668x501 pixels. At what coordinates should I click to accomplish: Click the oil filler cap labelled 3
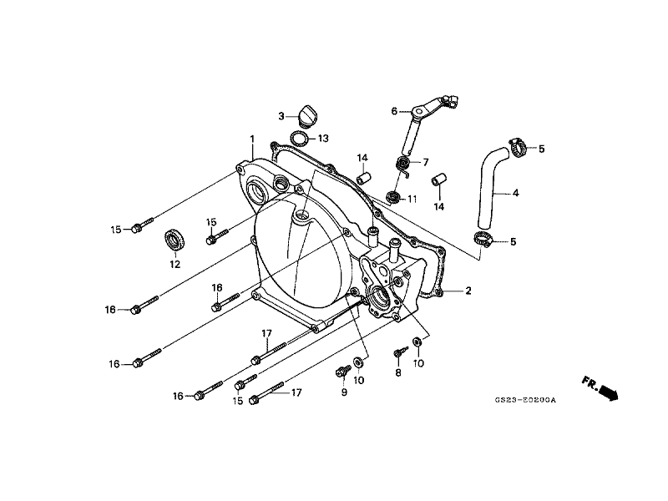(x=307, y=115)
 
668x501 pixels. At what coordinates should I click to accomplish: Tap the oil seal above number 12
(x=175, y=240)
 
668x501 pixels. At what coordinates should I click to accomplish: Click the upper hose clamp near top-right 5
(x=519, y=147)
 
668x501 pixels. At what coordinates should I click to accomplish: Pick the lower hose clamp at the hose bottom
(x=483, y=239)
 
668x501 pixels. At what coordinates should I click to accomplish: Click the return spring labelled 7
(x=403, y=164)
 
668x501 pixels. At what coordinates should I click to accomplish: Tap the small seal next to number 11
(x=392, y=198)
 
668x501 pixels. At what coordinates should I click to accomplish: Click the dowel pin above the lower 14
(x=439, y=180)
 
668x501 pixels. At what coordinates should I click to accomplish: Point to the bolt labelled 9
(x=343, y=371)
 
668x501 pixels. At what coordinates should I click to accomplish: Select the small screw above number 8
(x=401, y=352)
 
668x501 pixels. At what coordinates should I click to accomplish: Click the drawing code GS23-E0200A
(x=526, y=400)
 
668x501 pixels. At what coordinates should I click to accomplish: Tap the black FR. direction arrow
(x=609, y=392)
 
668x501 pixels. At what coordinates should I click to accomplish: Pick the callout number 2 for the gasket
(x=468, y=291)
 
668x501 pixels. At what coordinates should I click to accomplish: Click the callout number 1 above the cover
(x=252, y=139)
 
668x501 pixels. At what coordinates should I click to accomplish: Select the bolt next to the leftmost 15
(x=142, y=225)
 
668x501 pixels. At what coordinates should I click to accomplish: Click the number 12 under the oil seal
(x=175, y=265)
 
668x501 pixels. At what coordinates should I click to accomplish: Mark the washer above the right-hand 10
(x=417, y=342)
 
